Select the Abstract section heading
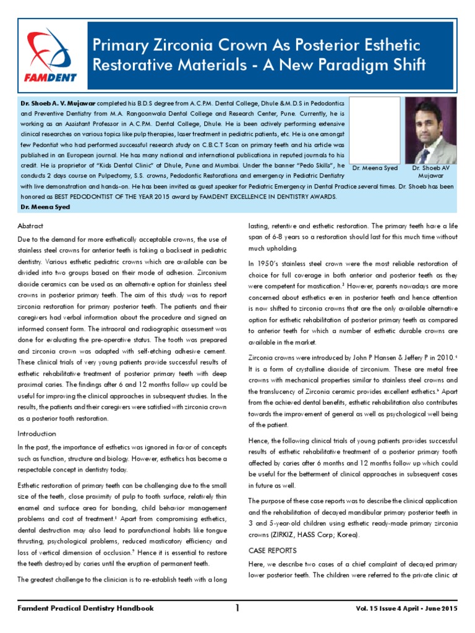(x=30, y=226)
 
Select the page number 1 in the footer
(x=237, y=608)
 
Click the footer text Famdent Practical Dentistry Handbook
(x=85, y=608)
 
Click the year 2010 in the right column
(x=440, y=357)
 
